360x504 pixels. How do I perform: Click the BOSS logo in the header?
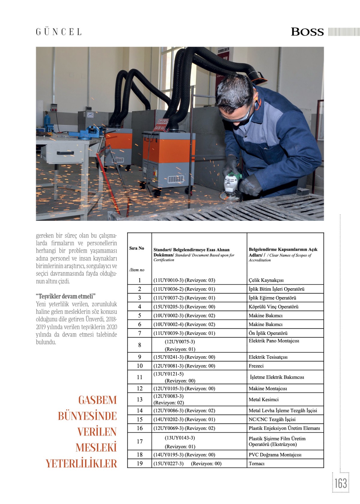307,32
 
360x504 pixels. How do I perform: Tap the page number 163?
340,483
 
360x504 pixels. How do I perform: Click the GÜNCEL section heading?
59,32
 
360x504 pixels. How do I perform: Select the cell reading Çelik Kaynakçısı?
266,280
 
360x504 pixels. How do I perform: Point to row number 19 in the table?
139,463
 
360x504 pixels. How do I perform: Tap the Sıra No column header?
137,248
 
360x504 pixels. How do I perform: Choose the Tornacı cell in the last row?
256,463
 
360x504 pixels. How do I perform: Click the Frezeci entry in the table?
256,366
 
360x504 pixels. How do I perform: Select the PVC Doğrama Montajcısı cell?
275,455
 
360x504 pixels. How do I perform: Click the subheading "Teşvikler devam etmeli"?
66,296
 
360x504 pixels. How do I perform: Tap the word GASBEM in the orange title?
97,400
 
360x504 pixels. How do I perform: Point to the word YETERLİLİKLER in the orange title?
81,463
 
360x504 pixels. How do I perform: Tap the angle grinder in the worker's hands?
231,186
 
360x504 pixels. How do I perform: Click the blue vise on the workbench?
90,132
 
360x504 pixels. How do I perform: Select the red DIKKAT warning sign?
161,125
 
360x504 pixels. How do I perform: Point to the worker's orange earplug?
258,103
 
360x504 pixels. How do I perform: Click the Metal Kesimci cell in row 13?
263,400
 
